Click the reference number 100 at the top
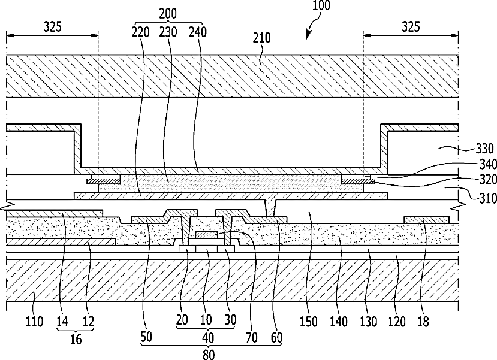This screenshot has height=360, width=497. (321, 5)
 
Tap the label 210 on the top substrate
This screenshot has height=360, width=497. (262, 38)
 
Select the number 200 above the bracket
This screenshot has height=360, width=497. (168, 14)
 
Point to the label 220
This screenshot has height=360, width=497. (140, 32)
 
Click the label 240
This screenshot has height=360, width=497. (198, 32)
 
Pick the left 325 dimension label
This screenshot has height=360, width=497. (52, 27)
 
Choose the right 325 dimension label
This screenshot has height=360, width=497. (411, 27)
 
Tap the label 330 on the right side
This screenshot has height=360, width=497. (484, 149)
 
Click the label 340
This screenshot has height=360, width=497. (487, 164)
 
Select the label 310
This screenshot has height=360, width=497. (487, 198)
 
